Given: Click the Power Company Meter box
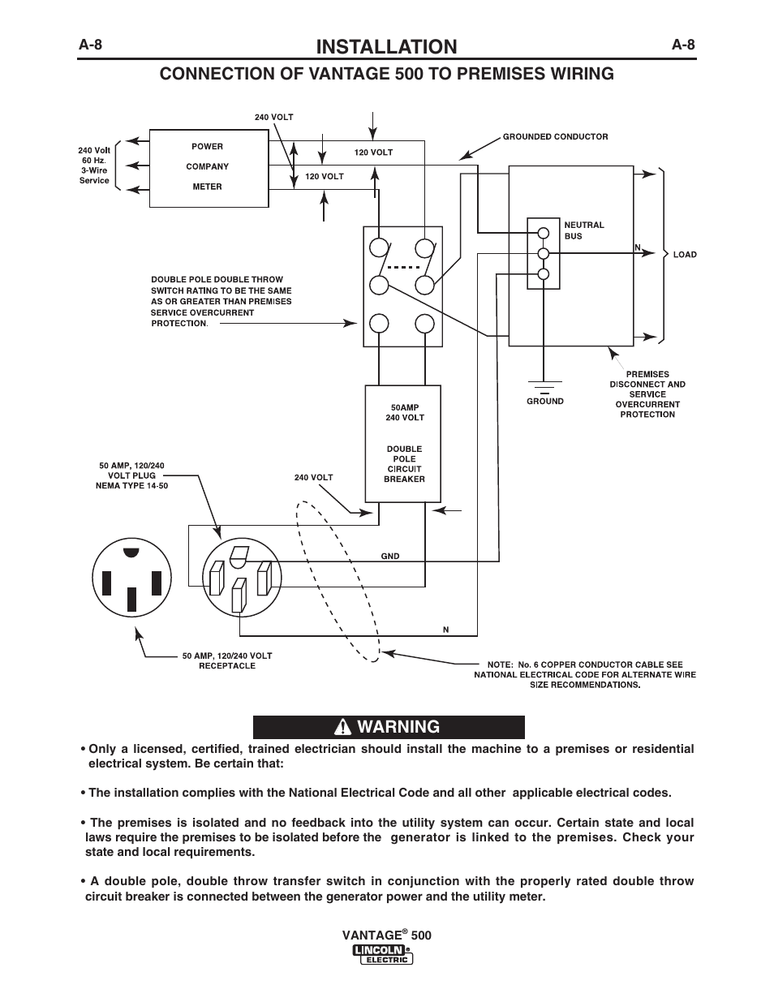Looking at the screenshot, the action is coord(209,168).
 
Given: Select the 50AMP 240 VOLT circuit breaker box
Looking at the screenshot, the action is coord(403,444).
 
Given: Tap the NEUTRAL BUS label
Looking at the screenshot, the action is coord(584,230).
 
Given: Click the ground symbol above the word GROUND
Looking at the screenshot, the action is coord(544,387).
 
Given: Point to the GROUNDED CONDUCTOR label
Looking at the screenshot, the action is coord(555,136).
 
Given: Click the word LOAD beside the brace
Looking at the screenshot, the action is coord(685,255).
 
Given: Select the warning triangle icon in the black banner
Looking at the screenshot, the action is coord(342,727).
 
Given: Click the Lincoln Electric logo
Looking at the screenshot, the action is coord(383,954).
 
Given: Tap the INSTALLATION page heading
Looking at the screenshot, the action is coord(386,46).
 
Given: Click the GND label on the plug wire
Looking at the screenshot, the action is coord(390,556).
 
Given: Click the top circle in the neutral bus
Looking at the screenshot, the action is coord(544,233).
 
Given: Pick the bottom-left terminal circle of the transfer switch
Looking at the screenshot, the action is coord(379,324).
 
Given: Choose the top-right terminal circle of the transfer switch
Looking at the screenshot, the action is coord(424,248).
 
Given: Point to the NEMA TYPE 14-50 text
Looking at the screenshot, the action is coord(132,485).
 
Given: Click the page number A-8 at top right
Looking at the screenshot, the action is coord(683,45).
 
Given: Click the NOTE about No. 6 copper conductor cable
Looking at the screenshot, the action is coord(585,674).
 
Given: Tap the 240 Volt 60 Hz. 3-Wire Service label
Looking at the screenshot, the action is coord(94,165).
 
